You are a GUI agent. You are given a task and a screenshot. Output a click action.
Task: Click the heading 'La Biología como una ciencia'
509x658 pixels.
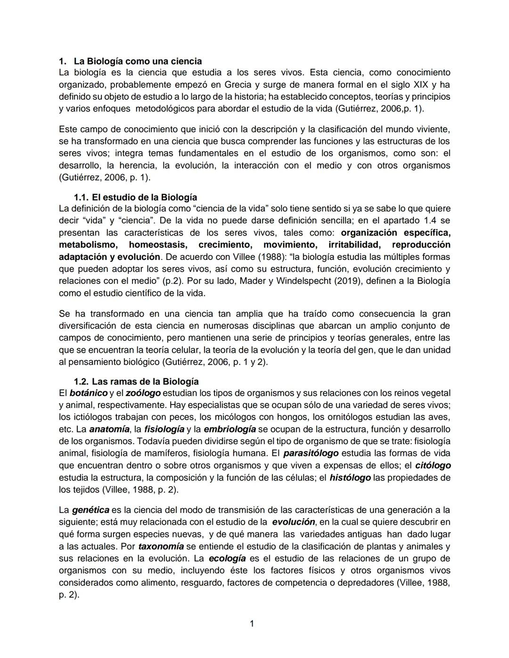tap(138, 61)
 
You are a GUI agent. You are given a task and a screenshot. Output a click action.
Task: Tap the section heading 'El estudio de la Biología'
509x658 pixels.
tap(144, 197)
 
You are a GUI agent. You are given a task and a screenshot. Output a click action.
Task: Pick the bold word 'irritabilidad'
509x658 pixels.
tap(354, 245)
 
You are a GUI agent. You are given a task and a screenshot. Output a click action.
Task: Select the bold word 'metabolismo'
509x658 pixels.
tap(88, 245)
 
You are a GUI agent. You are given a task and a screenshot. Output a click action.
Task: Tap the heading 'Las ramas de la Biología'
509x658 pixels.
tap(145, 382)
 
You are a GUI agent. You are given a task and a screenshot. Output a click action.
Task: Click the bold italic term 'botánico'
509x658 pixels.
tap(89, 393)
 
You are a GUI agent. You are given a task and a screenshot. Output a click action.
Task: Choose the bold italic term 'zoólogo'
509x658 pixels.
tap(143, 393)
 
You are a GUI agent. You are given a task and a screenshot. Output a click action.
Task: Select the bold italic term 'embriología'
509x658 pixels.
tap(230, 430)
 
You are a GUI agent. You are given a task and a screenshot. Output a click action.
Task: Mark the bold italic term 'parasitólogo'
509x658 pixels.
tap(311, 454)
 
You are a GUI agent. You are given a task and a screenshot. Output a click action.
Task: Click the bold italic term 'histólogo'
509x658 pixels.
tap(350, 478)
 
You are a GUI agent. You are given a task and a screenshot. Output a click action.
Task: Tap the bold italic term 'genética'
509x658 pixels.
tap(90, 510)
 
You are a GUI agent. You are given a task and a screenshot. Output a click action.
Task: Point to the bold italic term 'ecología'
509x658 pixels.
tap(227, 559)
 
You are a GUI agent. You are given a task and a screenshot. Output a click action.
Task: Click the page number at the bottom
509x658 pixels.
tap(252, 624)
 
